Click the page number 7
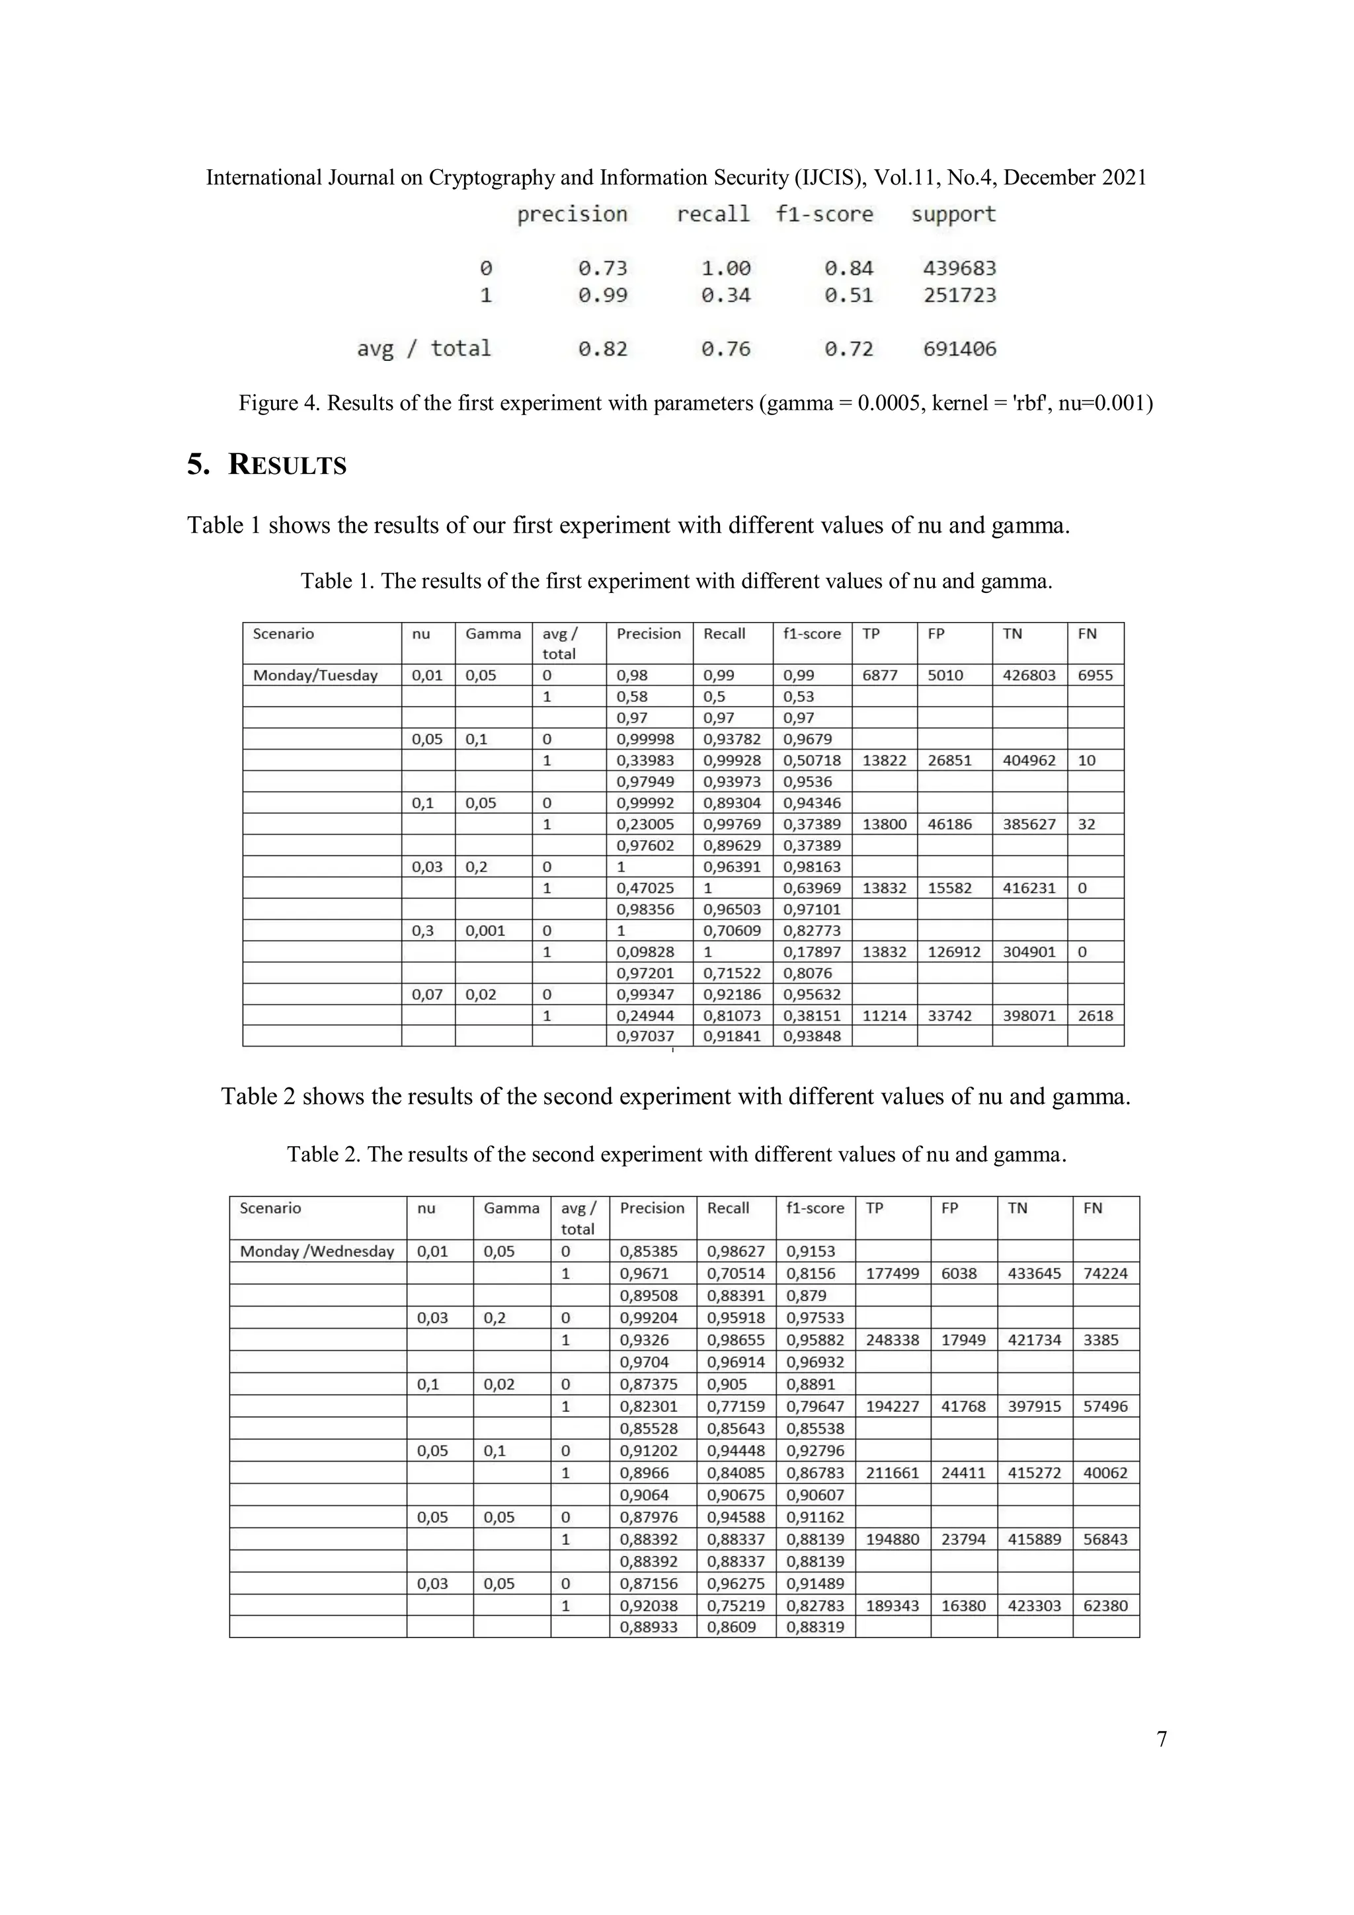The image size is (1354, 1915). pos(1162,1739)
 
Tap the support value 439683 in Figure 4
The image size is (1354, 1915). pos(959,268)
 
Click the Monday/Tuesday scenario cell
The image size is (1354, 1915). pos(315,676)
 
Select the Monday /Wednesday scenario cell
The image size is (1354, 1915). pos(317,1251)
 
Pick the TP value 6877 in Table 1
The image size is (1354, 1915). pos(880,676)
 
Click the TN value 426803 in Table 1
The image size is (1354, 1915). pos(1029,676)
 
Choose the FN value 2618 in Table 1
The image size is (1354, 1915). pos(1095,1016)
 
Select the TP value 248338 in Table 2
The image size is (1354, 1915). pos(893,1341)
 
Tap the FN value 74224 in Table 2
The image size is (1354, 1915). pos(1105,1274)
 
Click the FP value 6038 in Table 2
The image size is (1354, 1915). pos(959,1274)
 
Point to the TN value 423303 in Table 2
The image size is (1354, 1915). pos(1035,1606)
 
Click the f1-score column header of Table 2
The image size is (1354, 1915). pos(815,1208)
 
